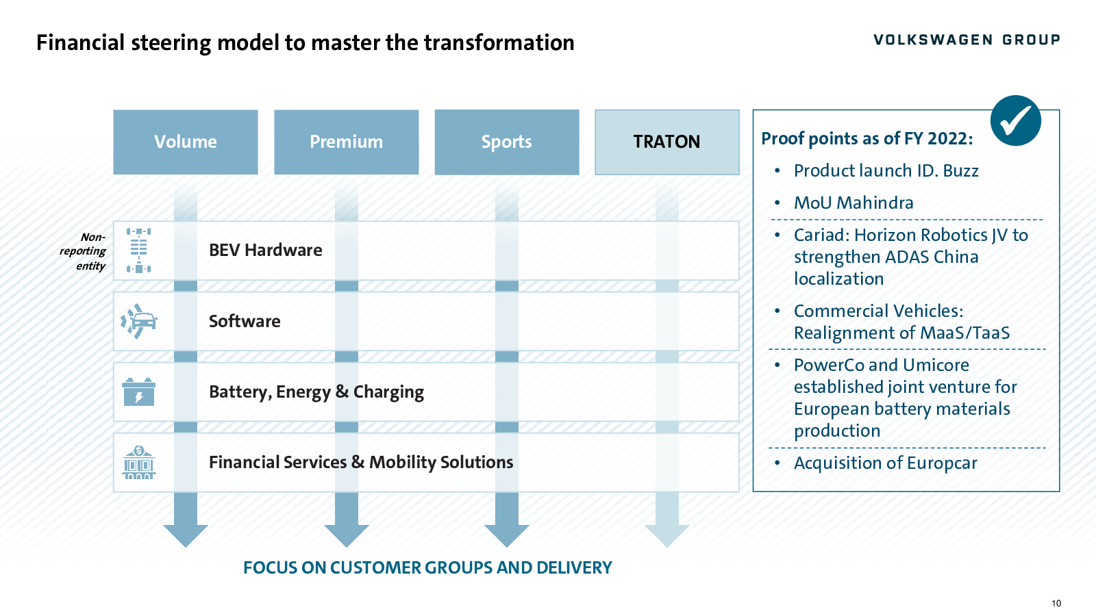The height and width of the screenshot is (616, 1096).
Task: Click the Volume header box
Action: tap(186, 142)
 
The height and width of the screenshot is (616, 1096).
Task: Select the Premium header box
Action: tap(347, 142)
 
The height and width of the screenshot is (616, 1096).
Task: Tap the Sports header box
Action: tap(507, 142)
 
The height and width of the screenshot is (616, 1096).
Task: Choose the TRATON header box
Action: tap(667, 142)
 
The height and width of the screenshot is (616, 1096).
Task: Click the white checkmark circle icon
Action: tap(1015, 120)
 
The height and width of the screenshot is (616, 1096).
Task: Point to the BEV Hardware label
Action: tap(266, 251)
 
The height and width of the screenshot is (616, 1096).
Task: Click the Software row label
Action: tap(245, 321)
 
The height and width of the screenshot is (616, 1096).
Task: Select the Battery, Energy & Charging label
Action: tap(316, 392)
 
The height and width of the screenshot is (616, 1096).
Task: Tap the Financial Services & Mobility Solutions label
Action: tap(361, 463)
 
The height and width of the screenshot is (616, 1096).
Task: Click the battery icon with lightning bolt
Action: tap(138, 392)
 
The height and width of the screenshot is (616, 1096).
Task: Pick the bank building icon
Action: tap(139, 462)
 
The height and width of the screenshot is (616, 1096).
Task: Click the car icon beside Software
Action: tap(139, 321)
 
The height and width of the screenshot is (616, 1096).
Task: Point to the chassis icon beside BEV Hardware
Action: tap(138, 251)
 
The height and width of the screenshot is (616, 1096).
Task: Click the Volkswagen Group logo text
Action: tap(967, 40)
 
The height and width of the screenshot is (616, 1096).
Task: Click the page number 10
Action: tap(1056, 603)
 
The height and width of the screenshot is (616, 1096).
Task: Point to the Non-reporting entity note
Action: tap(83, 251)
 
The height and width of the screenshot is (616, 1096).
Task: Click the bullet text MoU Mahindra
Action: tap(854, 203)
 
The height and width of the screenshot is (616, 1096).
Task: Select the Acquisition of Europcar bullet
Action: tap(885, 463)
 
